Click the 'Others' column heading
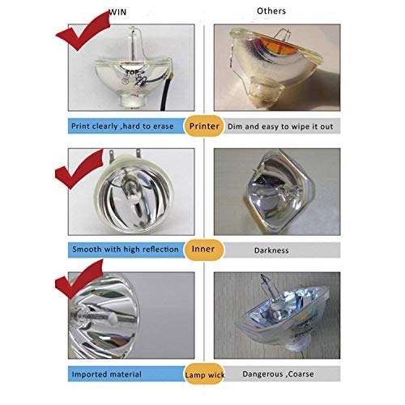point(271,11)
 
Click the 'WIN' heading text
point(117,12)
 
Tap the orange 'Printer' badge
point(204,126)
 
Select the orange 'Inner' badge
point(204,249)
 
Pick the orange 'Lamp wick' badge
point(204,374)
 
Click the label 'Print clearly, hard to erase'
point(122,126)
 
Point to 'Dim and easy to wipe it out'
point(280,126)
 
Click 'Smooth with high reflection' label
point(126,249)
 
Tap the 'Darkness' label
point(271,250)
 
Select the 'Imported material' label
point(107,374)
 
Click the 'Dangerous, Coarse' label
point(278,374)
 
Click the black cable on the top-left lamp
point(165,93)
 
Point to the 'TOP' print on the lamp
point(132,72)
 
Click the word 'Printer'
point(204,126)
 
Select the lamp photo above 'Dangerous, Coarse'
point(277,315)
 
